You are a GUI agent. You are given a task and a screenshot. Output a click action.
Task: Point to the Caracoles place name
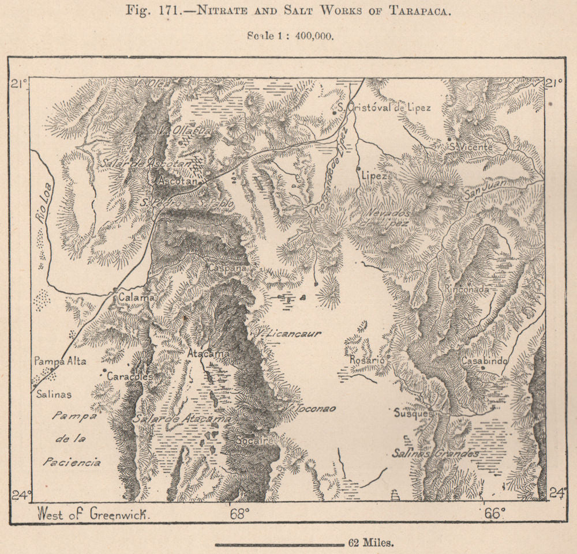click(130, 376)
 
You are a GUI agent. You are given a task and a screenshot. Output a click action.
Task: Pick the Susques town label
click(412, 413)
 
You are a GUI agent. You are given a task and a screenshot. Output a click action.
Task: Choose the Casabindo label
click(485, 361)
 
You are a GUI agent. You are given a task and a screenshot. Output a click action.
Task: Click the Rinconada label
click(467, 289)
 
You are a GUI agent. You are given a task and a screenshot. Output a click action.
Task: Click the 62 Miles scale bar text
click(372, 542)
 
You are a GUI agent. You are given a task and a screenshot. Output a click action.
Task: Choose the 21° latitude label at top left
click(18, 84)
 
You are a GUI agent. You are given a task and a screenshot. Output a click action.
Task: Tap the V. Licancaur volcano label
click(288, 333)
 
